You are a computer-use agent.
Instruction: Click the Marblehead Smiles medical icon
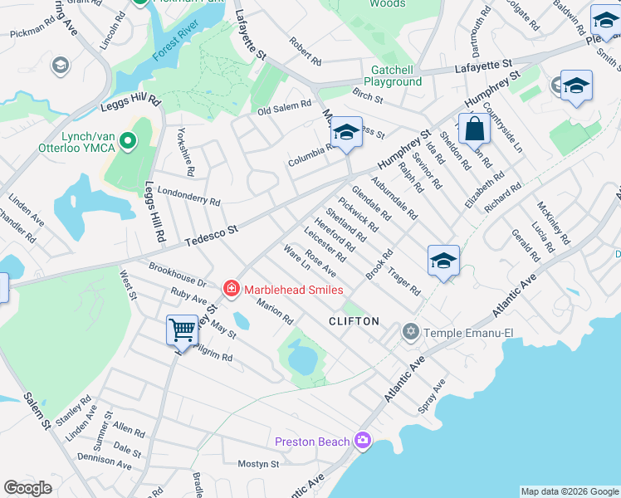coord(231,289)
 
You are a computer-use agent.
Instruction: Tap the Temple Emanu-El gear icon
coord(410,332)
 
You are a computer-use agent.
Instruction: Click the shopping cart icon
coord(182,330)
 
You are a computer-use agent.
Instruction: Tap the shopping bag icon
coord(474,129)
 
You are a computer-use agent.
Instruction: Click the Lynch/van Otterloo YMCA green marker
coord(127,142)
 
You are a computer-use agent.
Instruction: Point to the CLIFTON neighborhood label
coord(354,321)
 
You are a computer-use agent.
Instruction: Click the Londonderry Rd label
coord(188,196)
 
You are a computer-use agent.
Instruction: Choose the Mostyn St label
coord(257,464)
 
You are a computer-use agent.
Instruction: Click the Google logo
coord(28,488)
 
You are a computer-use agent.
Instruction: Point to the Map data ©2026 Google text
coord(569,491)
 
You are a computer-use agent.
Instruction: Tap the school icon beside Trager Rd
coord(443,261)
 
